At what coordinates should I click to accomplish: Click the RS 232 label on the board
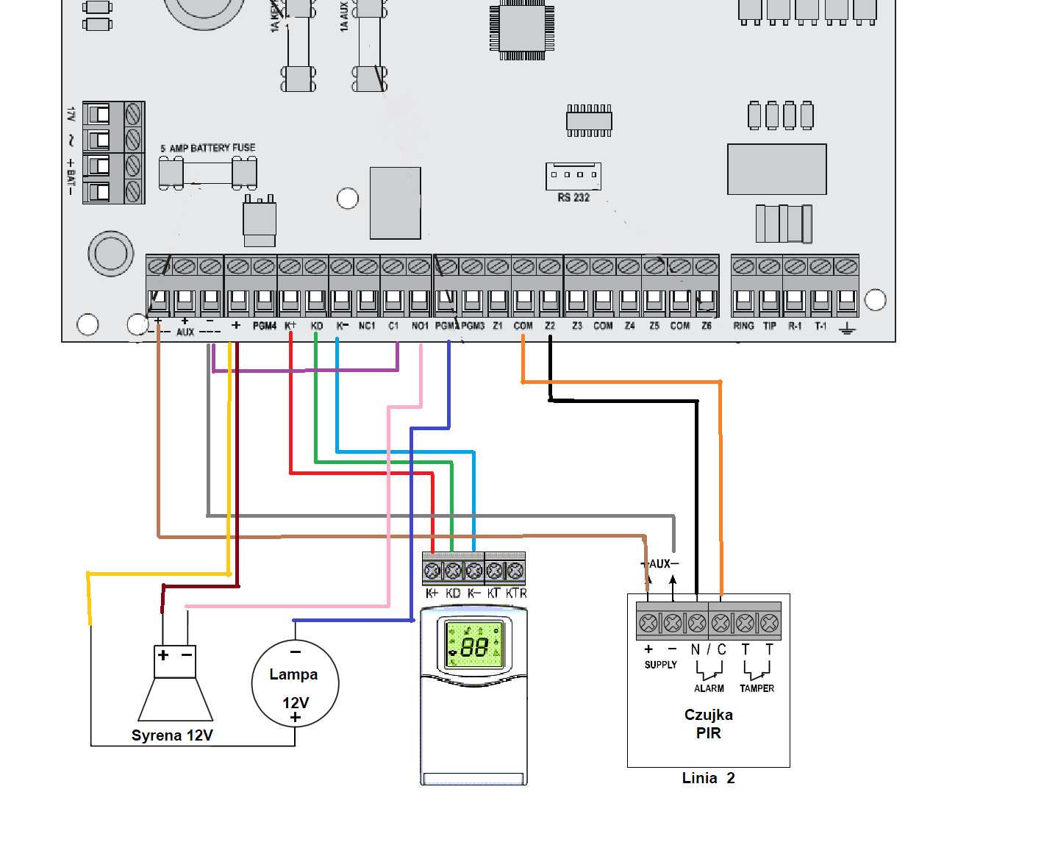coord(573,197)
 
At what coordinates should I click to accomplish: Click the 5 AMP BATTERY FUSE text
coord(208,148)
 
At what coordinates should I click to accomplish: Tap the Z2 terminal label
coord(550,325)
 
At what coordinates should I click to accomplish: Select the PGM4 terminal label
coord(264,325)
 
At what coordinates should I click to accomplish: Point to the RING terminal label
coord(743,325)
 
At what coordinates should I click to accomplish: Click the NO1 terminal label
coord(420,325)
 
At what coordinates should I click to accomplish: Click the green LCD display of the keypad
coord(474,646)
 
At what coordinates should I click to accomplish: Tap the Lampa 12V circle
coord(295,684)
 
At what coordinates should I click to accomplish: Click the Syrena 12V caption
coord(172,735)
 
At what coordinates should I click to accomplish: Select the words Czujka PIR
coord(709,724)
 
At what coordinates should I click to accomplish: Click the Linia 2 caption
coord(708,778)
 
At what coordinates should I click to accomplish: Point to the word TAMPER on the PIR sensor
coord(757,688)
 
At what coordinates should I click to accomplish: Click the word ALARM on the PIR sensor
coord(709,688)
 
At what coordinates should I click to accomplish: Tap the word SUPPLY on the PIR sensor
coord(660,665)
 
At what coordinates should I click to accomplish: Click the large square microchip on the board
coord(522,28)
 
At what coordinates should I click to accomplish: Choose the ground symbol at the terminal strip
coord(847,328)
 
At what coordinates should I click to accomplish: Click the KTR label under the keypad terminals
coord(516,593)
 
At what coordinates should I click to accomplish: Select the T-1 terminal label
coord(820,325)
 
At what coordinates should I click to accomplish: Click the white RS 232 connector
coord(573,176)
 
